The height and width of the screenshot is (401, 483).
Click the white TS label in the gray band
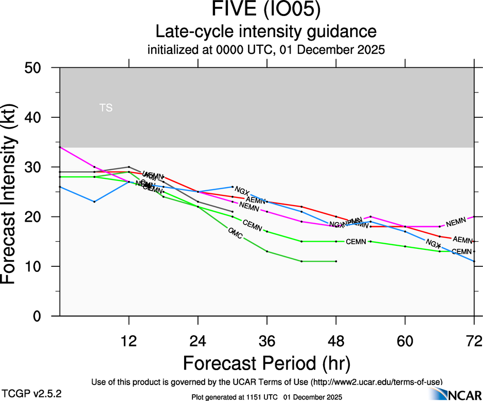tap(106, 108)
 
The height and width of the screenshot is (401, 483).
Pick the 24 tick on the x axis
tap(198, 340)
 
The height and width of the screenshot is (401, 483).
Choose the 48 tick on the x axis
tap(336, 340)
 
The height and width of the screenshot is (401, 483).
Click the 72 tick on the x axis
tap(474, 340)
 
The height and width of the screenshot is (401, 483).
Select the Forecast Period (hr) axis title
tap(267, 363)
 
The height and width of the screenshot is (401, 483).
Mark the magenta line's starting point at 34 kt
tap(60, 147)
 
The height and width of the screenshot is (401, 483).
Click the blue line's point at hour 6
tap(95, 202)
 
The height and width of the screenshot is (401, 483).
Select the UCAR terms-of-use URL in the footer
tap(375, 382)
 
